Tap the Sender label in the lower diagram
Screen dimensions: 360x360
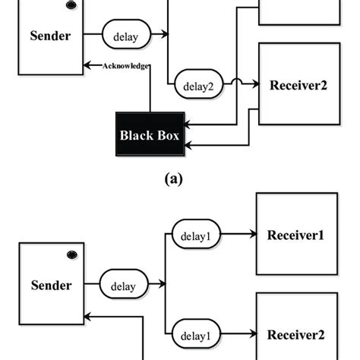52,286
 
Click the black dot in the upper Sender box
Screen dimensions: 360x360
71,5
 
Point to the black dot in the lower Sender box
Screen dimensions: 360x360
71,253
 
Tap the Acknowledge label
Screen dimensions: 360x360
125,66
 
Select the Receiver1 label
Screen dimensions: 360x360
296,235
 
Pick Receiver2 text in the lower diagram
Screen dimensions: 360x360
296,334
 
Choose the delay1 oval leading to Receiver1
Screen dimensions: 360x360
196,235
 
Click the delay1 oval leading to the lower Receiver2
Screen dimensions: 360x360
196,334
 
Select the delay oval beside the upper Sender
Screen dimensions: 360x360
125,35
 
